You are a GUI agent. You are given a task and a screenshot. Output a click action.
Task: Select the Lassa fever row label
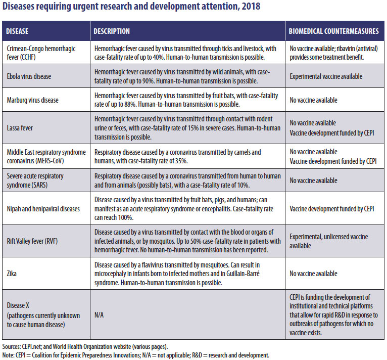[20, 127]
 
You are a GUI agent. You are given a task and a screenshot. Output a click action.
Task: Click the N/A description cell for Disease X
[100, 314]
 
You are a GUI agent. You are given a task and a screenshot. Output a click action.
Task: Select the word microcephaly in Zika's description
[115, 274]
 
